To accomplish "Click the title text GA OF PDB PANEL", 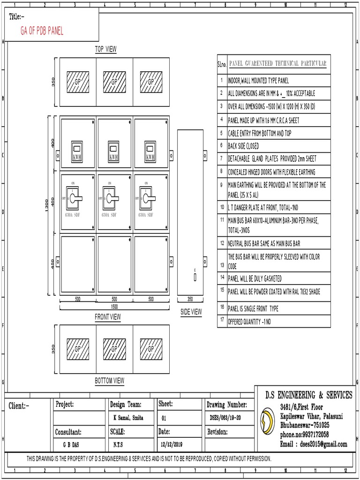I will coord(42,31).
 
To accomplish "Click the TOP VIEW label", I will coord(106,49).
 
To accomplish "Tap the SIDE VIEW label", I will coord(191,312).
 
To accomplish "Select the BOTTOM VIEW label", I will coord(110,381).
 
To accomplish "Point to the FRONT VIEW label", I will coord(108,317).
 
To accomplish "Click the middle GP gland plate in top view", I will coord(114,82).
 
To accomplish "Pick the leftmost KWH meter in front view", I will coord(77,151).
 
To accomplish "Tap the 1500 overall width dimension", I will coord(114,306).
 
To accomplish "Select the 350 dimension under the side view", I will coord(190,299).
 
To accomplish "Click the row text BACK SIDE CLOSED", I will coord(243,146).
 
